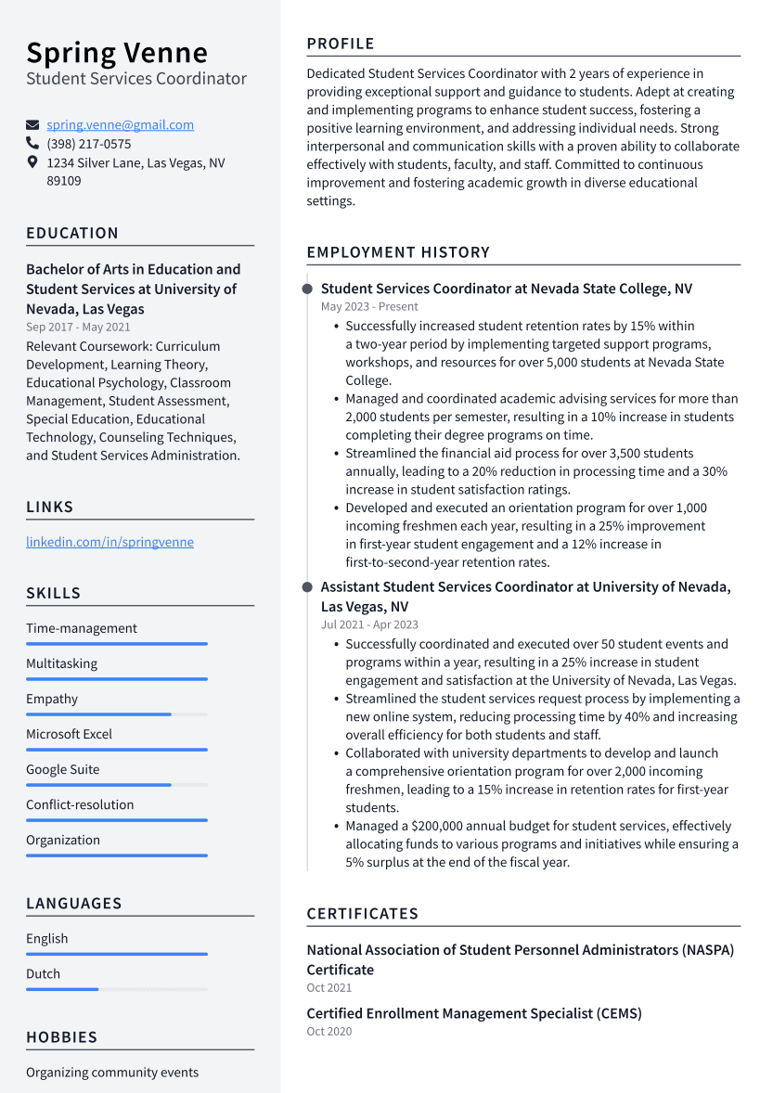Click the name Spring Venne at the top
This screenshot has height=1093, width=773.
pos(117,52)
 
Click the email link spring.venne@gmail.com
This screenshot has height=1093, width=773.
pos(120,125)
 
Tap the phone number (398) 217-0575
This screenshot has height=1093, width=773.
pos(89,144)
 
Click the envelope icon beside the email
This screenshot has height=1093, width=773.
pos(32,125)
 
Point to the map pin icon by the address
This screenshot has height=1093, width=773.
pos(32,162)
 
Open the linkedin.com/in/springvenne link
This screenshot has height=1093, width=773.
pos(110,542)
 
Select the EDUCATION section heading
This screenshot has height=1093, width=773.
pos(72,233)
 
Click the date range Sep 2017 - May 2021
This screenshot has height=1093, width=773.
pos(78,327)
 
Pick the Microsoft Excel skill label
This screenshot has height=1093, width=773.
pos(69,734)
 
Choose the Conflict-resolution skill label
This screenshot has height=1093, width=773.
pos(80,804)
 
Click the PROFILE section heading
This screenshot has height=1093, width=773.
pos(341,44)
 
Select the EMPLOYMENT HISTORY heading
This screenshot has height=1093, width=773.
pos(398,252)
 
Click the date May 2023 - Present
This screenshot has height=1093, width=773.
pos(369,306)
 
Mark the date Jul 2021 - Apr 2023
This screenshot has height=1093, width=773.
pos(369,624)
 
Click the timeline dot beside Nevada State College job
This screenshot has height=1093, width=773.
pos(307,289)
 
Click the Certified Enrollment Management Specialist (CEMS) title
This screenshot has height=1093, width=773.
pos(474,1013)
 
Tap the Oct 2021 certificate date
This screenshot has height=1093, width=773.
pos(329,988)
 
